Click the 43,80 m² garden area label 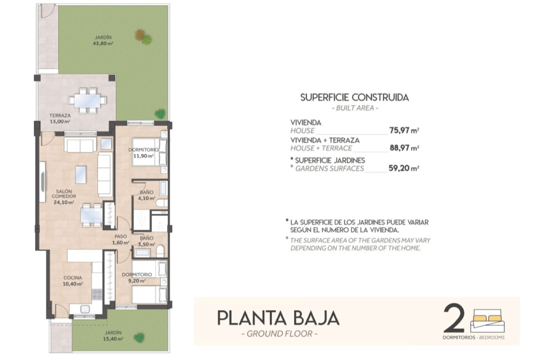[103, 40]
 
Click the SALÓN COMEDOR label [63, 197]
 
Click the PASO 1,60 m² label [121, 239]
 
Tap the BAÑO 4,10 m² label [146, 195]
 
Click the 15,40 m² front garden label [112, 335]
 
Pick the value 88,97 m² [403, 148]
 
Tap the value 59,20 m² [403, 169]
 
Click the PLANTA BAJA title [278, 317]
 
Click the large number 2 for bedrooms [454, 318]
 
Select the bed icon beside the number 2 [487, 321]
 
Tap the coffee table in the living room [80, 175]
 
